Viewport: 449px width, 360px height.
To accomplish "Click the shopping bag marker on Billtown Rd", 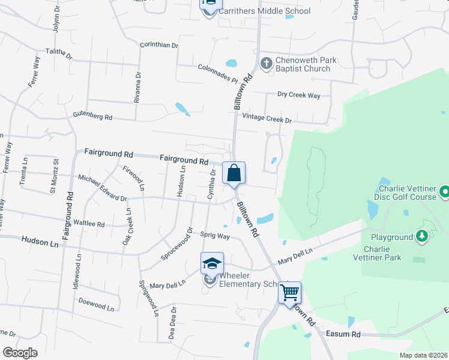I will pyautogui.click(x=234, y=173).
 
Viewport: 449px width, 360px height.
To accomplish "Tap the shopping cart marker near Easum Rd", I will pyautogui.click(x=290, y=293).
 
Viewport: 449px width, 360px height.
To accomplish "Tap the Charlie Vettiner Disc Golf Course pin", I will pyautogui.click(x=444, y=192).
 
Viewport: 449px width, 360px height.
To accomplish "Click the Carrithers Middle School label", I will pyautogui.click(x=265, y=11).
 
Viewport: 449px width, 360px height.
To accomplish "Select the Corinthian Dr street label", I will pyautogui.click(x=159, y=45).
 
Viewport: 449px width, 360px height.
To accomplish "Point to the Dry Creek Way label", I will pyautogui.click(x=299, y=95).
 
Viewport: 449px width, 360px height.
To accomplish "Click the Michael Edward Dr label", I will pyautogui.click(x=103, y=188).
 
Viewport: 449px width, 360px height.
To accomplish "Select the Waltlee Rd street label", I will pyautogui.click(x=89, y=223).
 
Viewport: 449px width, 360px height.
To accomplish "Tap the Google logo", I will pyautogui.click(x=20, y=353).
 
